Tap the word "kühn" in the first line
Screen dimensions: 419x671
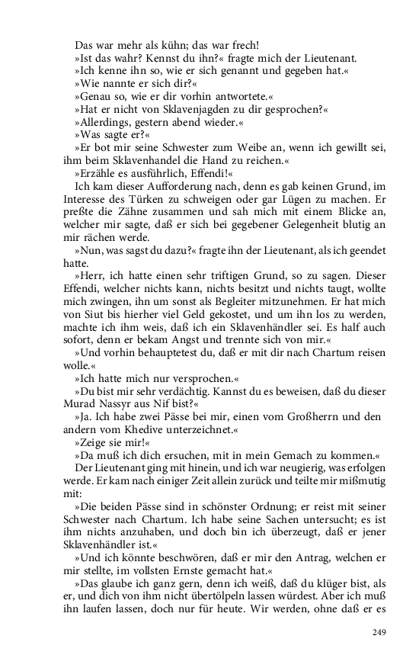pos(165,45)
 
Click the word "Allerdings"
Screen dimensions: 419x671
pos(105,123)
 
